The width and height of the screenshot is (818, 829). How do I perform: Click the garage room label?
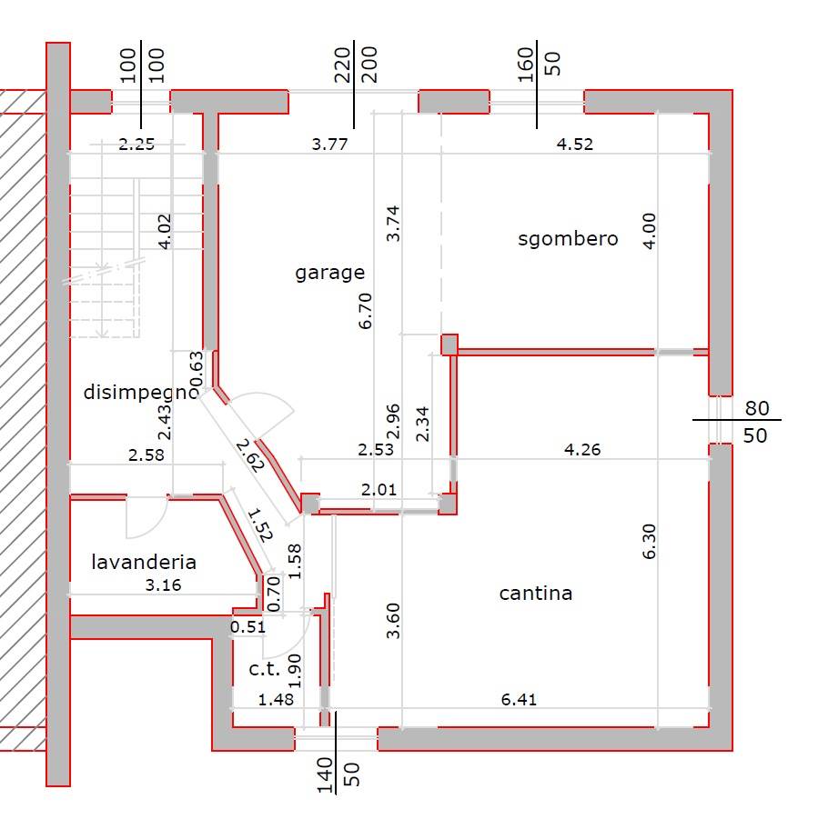[x=329, y=274]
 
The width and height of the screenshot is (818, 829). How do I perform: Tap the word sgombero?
[x=568, y=238]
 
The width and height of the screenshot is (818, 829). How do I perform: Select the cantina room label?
[x=535, y=594]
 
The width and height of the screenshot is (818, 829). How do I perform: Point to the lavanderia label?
[x=144, y=562]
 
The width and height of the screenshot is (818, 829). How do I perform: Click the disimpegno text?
[x=141, y=393]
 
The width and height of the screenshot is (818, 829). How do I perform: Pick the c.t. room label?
[x=264, y=669]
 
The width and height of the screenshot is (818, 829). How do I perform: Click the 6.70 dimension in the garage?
[x=365, y=311]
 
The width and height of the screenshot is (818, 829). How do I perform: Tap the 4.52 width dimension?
[x=575, y=144]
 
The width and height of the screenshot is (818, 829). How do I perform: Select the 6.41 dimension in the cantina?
[x=519, y=700]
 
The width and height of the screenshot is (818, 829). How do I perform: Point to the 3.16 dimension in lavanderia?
[x=163, y=584]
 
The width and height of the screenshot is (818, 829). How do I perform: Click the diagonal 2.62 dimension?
[x=249, y=455]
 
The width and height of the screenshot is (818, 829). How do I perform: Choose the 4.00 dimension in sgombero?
[x=649, y=231]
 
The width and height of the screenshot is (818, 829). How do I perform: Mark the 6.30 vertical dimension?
[x=649, y=541]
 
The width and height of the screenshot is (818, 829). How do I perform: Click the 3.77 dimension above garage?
[x=329, y=144]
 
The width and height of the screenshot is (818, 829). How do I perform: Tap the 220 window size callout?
[x=342, y=65]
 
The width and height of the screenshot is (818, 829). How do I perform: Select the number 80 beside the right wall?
[x=757, y=408]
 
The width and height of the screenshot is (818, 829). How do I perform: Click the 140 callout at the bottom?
[x=325, y=775]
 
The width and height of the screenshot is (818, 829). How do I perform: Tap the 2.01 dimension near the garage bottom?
[x=379, y=490]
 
